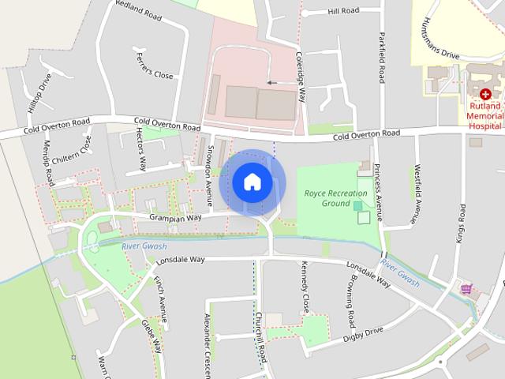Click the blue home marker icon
[252, 182]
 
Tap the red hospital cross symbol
[485, 93]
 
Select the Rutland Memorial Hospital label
[485, 114]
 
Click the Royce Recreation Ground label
[336, 197]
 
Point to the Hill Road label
[343, 11]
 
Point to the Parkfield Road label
[381, 58]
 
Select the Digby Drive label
[362, 335]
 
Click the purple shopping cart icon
[466, 290]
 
